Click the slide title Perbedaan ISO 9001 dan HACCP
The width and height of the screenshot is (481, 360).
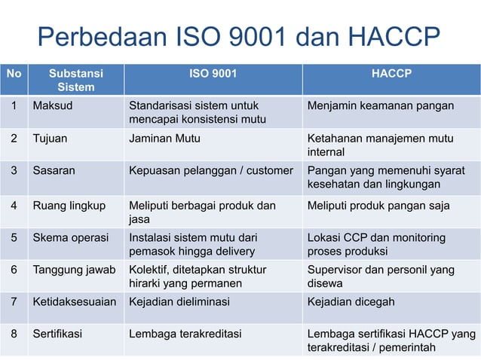[x=239, y=37]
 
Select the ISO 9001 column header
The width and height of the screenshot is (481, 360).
[x=212, y=74]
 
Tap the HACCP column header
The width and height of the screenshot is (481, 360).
[x=391, y=74]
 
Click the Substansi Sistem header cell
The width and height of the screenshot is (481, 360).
[x=75, y=81]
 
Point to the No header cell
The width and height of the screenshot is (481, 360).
[x=14, y=74]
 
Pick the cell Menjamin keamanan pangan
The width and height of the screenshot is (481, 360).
[x=380, y=105]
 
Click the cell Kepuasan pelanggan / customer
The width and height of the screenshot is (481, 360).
[x=210, y=170]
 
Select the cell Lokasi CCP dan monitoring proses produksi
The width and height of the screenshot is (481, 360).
[x=376, y=245]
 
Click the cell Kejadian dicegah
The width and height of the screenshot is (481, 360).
[x=351, y=302]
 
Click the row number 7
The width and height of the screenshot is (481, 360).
[x=14, y=302]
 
